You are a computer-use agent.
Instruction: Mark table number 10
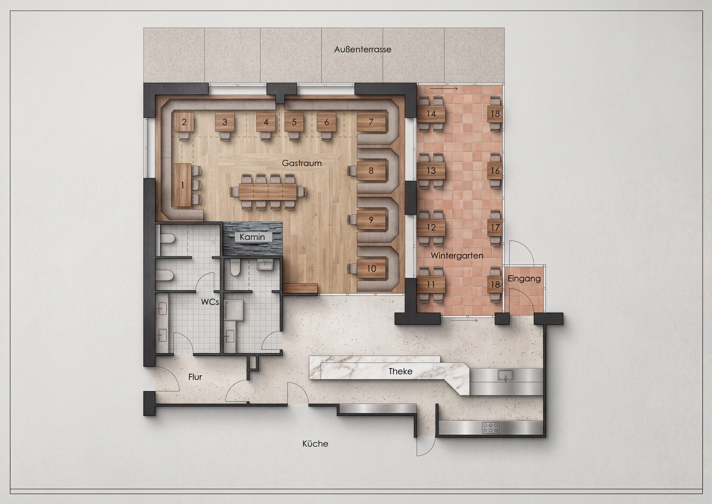pyautogui.click(x=371, y=269)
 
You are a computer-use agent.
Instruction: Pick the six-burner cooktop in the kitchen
pyautogui.click(x=490, y=428)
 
